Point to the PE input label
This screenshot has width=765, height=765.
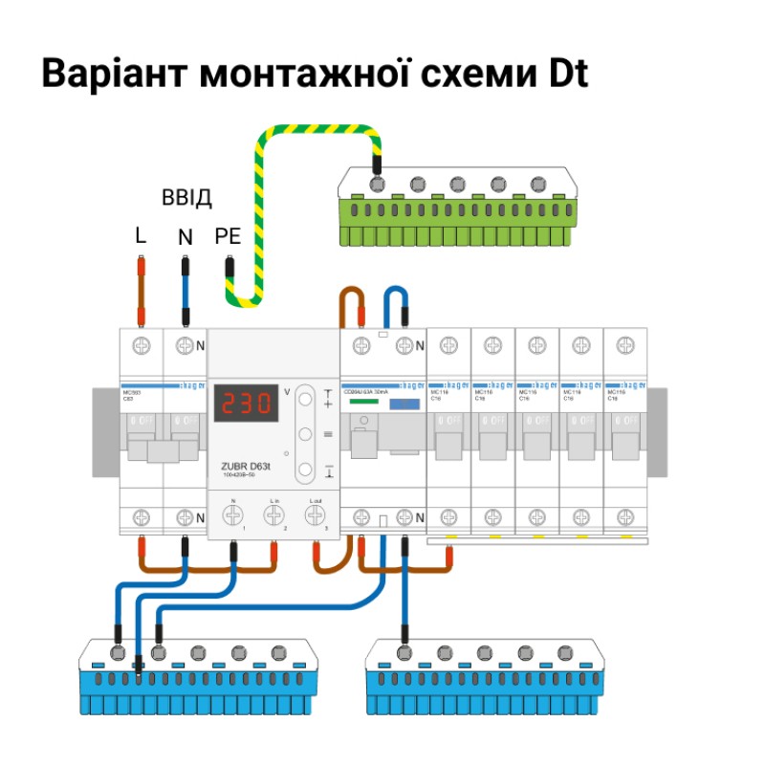tap(228, 236)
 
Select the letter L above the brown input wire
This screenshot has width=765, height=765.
tap(141, 236)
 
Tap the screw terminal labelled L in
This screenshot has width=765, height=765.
tap(273, 515)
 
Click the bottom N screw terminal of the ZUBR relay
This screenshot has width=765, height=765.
tap(233, 515)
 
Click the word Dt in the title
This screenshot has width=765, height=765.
tap(566, 74)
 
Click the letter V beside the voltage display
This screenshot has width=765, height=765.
tap(287, 391)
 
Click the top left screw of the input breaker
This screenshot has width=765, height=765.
tap(141, 344)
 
